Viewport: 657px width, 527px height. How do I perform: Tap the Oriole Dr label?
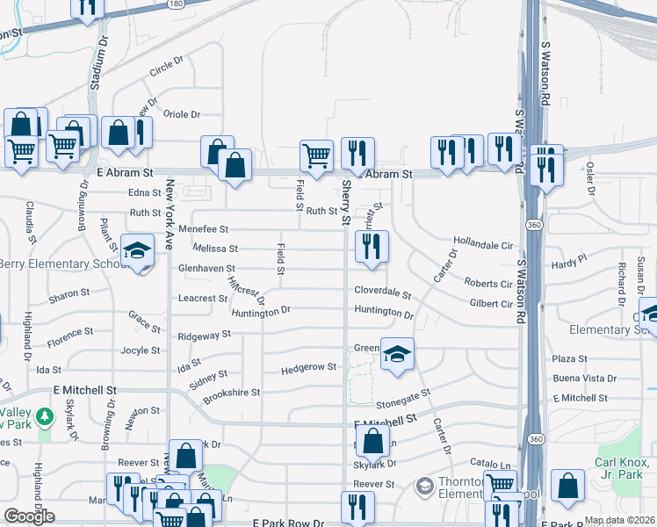pos(183,114)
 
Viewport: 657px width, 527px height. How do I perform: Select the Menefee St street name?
pos(203,228)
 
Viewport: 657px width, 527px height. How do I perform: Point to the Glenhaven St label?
pos(206,268)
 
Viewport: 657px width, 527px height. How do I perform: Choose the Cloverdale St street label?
pos(382,292)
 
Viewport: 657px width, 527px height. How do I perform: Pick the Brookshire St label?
pos(231,393)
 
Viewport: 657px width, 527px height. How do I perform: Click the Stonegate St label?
pos(403,400)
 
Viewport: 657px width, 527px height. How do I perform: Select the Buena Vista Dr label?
pos(582,379)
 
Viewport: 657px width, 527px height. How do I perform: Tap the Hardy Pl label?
pos(568,262)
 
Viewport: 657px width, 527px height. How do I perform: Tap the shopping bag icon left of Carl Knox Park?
pos(569,486)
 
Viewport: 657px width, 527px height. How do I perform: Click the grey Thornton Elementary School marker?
pos(425,485)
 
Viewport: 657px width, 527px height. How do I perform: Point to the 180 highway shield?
pos(177,3)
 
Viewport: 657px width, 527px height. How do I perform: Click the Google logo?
pos(29,516)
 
